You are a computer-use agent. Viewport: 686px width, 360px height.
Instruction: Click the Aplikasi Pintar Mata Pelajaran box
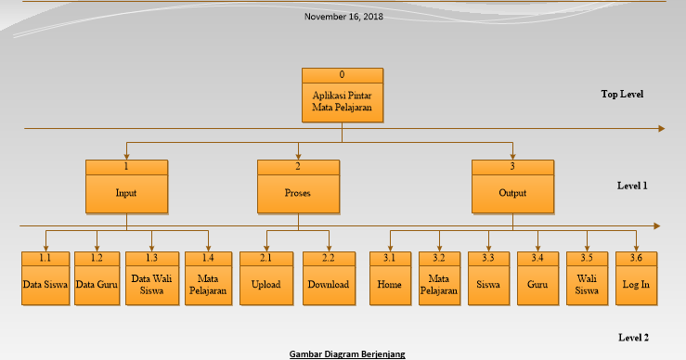pyautogui.click(x=343, y=95)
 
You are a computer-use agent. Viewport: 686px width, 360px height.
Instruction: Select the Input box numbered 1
pyautogui.click(x=126, y=186)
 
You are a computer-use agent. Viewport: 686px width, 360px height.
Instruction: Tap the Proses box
pyautogui.click(x=298, y=186)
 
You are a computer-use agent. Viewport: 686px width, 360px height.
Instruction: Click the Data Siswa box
pyautogui.click(x=45, y=277)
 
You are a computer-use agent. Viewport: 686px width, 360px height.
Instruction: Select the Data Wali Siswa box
pyautogui.click(x=151, y=277)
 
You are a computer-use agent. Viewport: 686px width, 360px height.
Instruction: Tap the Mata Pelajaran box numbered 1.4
pyautogui.click(x=208, y=277)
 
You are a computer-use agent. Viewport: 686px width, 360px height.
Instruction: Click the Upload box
pyautogui.click(x=265, y=277)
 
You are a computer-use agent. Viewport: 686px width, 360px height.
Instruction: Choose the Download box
pyautogui.click(x=329, y=277)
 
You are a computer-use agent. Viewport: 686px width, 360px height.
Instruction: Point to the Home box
pyautogui.click(x=390, y=277)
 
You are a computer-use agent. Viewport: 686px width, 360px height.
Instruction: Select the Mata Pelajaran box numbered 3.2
pyautogui.click(x=439, y=277)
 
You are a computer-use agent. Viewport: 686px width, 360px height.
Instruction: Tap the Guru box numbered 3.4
pyautogui.click(x=537, y=277)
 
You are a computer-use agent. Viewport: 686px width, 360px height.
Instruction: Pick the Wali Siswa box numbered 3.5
pyautogui.click(x=587, y=277)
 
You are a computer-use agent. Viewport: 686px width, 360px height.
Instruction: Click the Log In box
pyautogui.click(x=637, y=277)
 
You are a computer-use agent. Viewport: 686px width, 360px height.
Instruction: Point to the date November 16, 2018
pyautogui.click(x=343, y=16)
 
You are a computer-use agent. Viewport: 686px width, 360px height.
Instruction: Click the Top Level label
pyautogui.click(x=622, y=94)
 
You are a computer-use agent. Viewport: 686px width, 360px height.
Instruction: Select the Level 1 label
pyautogui.click(x=632, y=186)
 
